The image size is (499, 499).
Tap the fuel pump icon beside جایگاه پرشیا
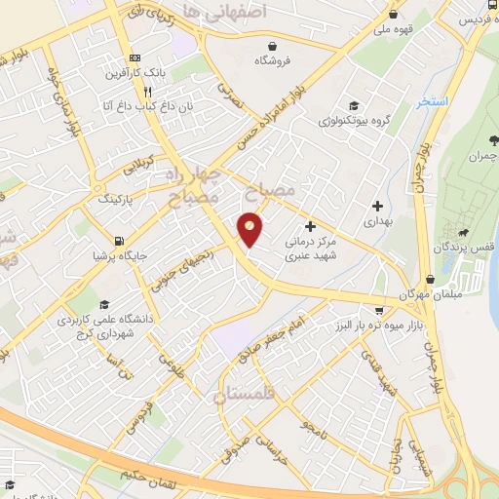pos(119,241)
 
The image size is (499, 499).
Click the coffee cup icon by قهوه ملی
pos(394,15)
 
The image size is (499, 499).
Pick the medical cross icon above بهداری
pos(377,206)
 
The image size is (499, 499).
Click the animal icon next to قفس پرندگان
pos(461,233)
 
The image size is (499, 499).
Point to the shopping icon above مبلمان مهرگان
pos(430,279)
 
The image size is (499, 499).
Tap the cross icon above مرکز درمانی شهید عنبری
pos(310,226)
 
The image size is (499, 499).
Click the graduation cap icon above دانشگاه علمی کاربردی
pos(105,304)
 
